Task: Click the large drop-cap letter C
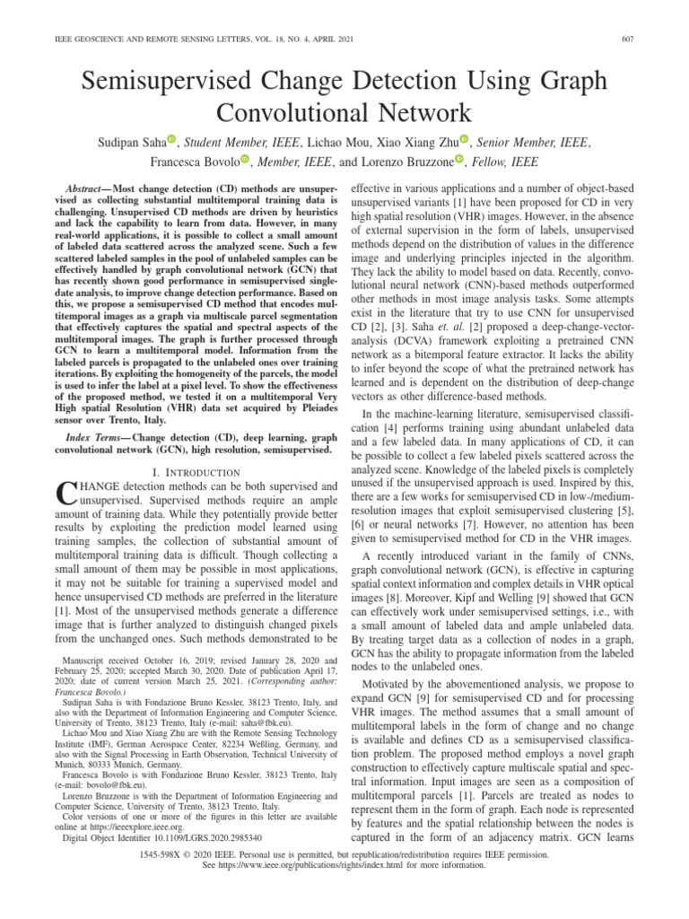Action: point(66,494)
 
